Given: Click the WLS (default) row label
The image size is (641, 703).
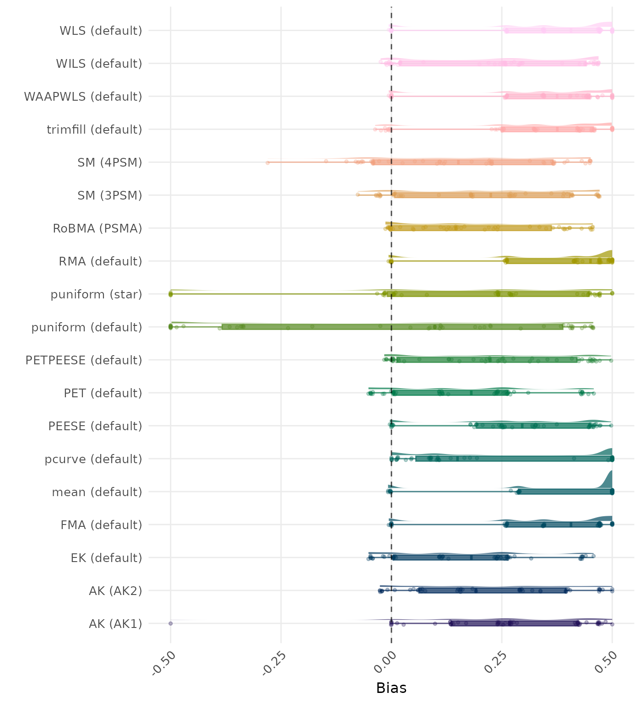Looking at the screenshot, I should tap(101, 31).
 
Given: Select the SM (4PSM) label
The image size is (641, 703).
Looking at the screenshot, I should tap(110, 162).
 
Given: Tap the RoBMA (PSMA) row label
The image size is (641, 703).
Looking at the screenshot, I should tap(97, 228).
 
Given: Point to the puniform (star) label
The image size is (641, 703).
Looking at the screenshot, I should tap(96, 294).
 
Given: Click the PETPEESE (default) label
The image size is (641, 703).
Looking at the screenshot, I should tap(84, 360).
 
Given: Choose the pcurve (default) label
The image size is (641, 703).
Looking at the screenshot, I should tap(93, 459).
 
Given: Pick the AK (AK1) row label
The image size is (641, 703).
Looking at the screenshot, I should tap(115, 624).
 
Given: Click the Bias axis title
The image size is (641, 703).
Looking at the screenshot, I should tap(391, 688).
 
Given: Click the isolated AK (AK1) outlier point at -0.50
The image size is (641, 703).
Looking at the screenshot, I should tap(170, 623).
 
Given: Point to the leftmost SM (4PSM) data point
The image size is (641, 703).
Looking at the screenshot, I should tap(267, 162).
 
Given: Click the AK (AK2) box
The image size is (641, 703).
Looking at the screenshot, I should tap(493, 590).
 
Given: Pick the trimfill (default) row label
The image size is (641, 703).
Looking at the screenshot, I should tap(94, 130).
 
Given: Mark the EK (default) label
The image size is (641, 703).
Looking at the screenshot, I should tap(106, 558).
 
